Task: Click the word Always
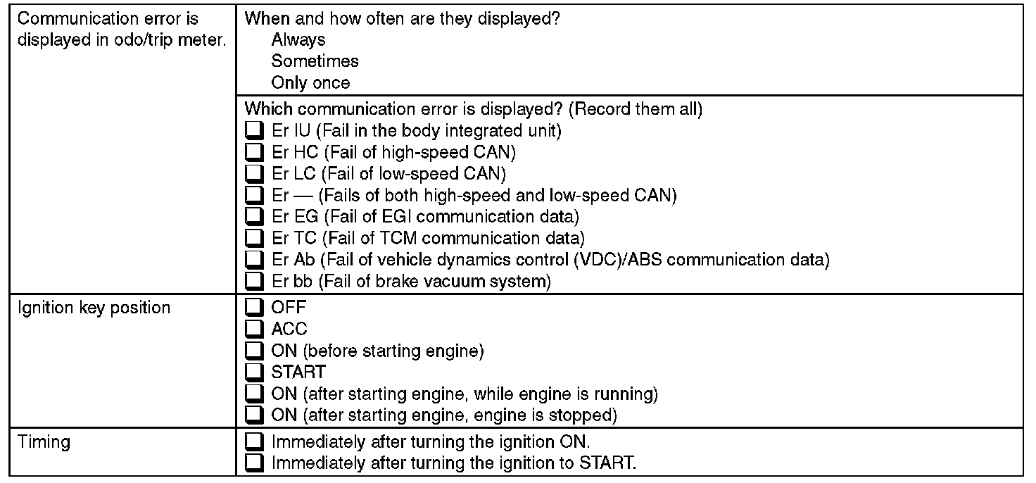[x=298, y=40]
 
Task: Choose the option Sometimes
[x=315, y=61]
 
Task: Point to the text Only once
[x=310, y=83]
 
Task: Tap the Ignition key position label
[x=94, y=308]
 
